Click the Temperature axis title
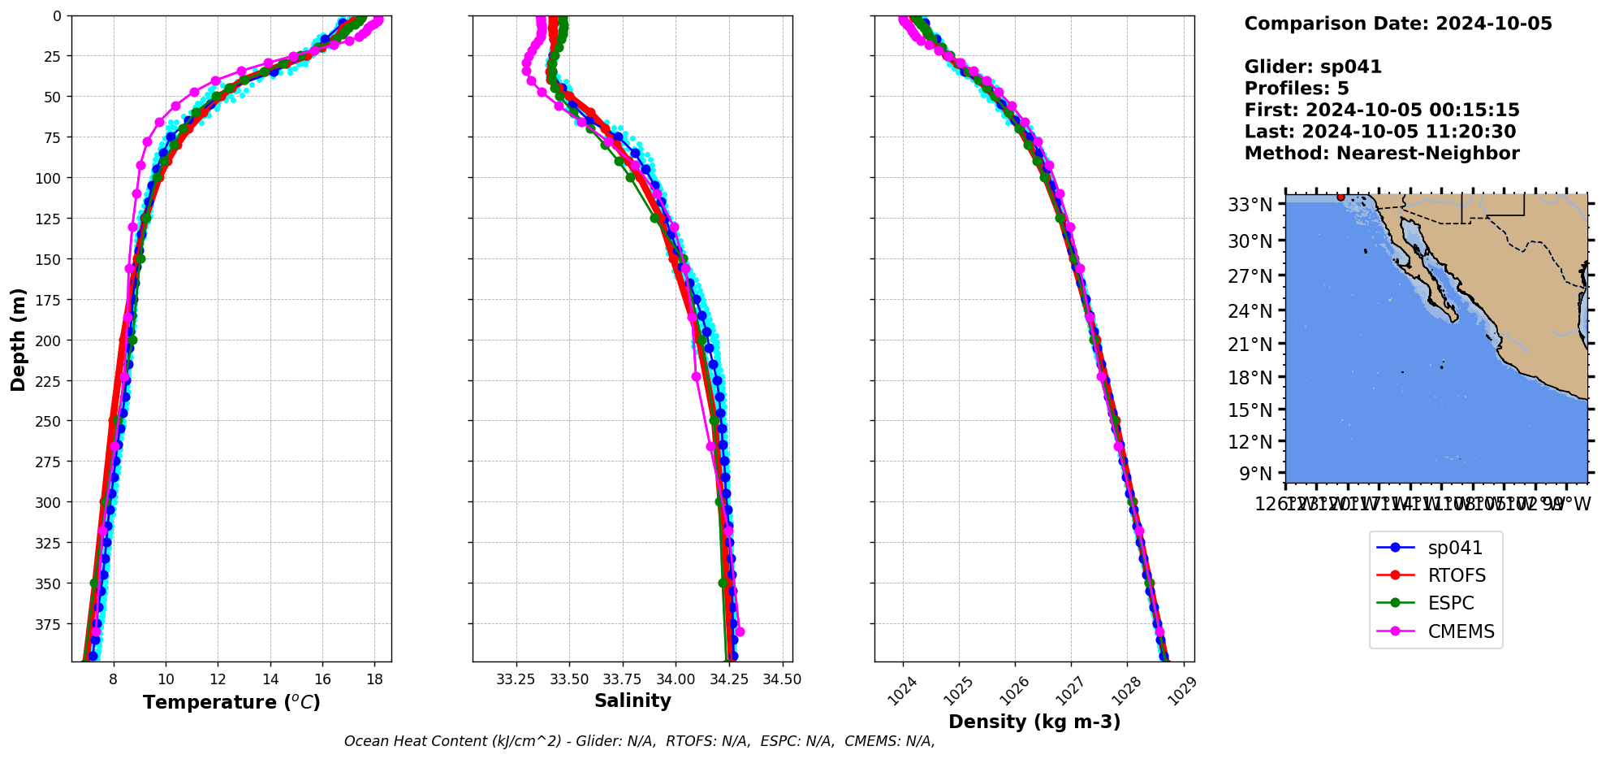231,702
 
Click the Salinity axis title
632,701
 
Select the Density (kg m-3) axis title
1034,722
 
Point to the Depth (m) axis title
18,339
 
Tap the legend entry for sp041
1455,549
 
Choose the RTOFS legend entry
1457,576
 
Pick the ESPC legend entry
1451,604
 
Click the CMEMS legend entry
1461,631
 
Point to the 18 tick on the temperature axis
374,679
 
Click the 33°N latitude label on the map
1250,205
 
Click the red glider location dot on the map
1340,197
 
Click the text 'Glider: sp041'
1313,67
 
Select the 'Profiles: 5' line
1297,89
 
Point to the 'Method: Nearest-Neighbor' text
1381,154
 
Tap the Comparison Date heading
1397,24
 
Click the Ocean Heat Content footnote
639,741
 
